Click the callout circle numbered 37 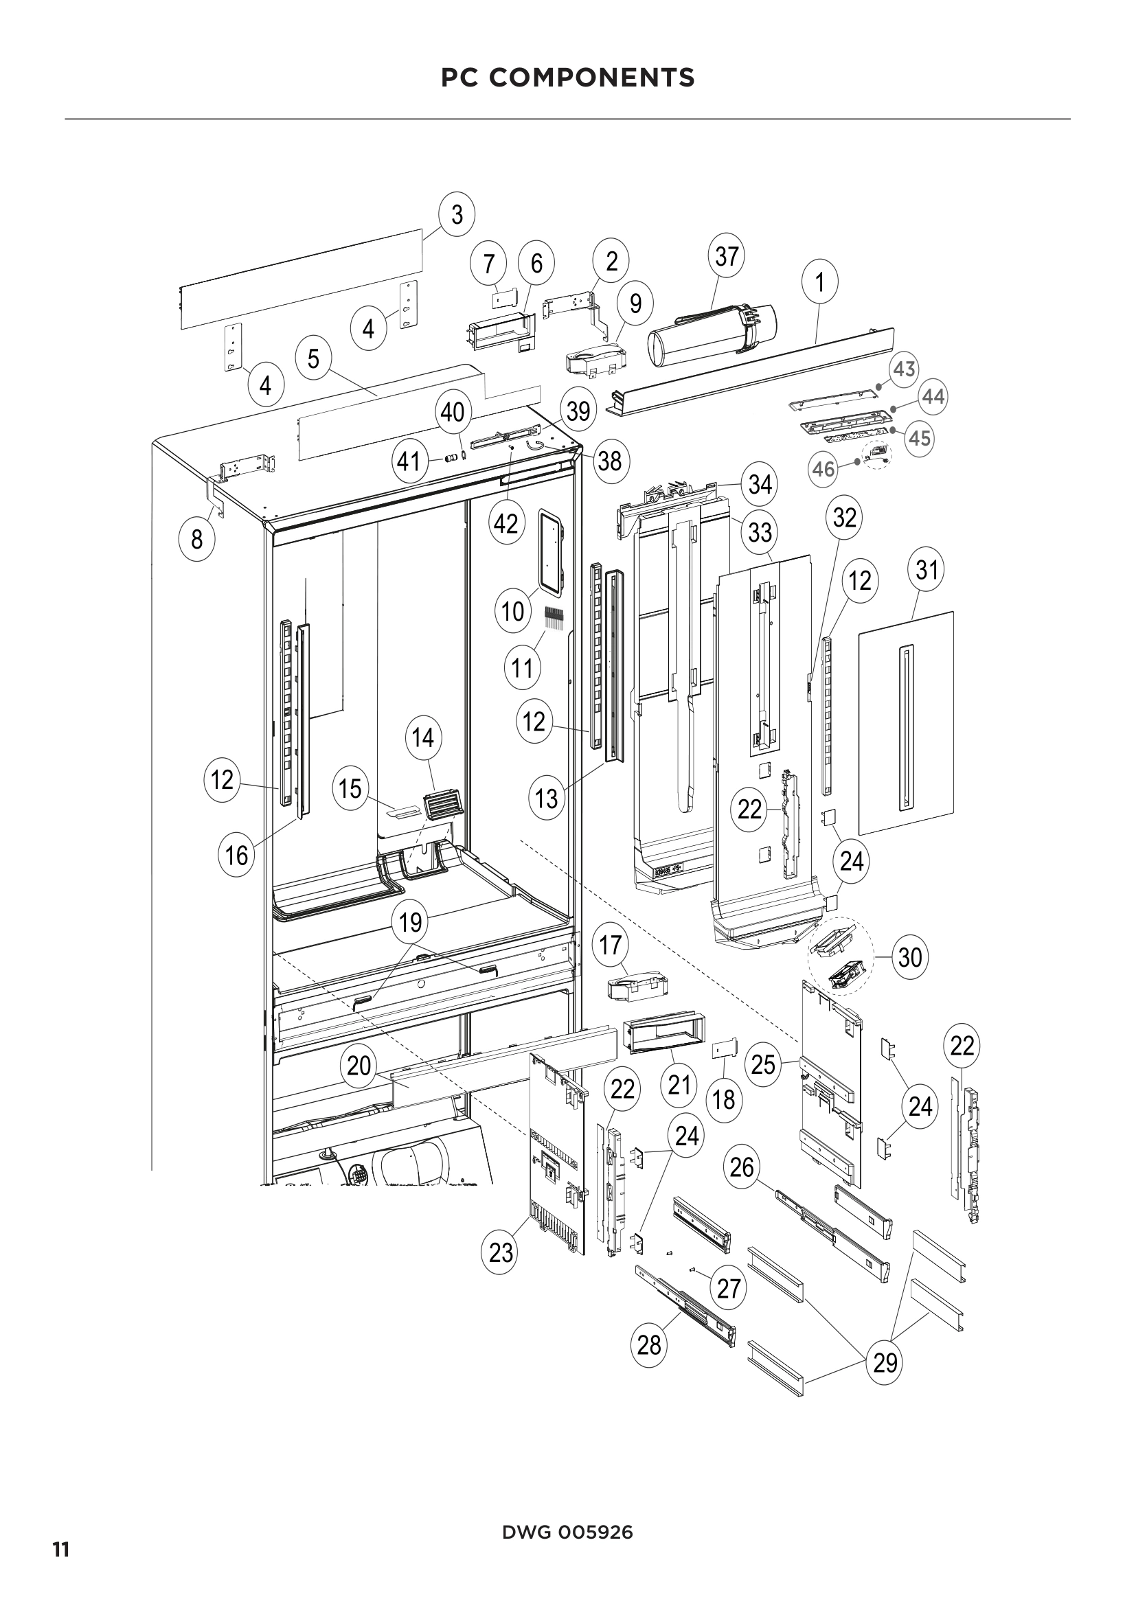coord(727,256)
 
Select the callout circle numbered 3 coord(457,214)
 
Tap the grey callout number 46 coord(823,469)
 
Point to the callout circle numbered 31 coord(926,570)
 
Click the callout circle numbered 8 coord(197,538)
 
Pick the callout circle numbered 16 coord(236,854)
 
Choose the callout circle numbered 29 coord(885,1362)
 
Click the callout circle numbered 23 coord(501,1253)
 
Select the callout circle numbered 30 coord(910,957)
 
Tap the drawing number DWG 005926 coord(567,1533)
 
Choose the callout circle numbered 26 coord(742,1167)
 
